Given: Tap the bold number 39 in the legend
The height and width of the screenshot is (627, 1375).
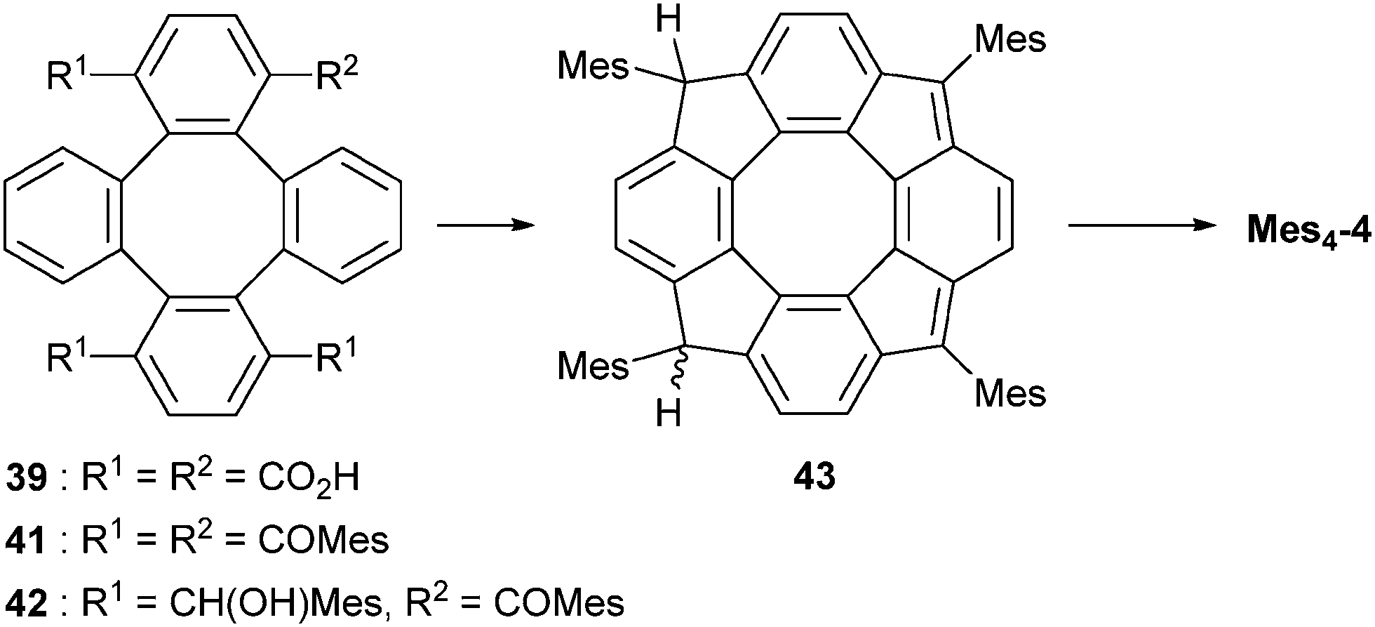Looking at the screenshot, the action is pos(27,479).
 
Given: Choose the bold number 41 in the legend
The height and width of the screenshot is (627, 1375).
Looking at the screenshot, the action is pos(27,541).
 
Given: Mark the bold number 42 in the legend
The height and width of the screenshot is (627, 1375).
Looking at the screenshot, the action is pos(27,602).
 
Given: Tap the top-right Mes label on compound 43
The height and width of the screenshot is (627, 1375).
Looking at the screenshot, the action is pos(1011,39).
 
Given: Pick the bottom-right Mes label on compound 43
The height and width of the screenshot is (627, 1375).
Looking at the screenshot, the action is pos(1011,393).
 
